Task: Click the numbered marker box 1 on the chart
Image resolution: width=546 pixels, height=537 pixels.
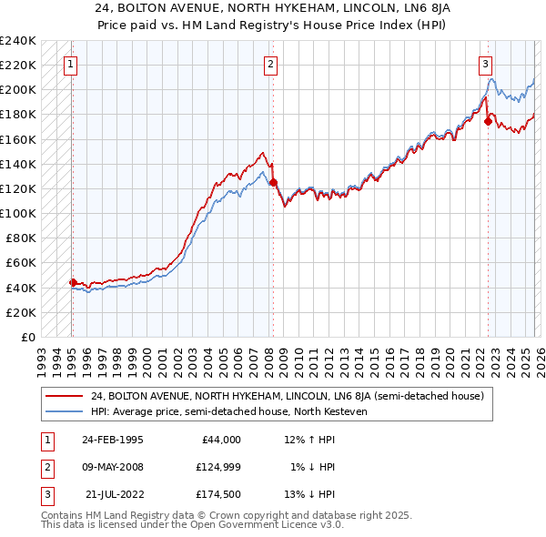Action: (x=71, y=64)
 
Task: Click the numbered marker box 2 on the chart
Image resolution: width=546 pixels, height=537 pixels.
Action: (x=271, y=64)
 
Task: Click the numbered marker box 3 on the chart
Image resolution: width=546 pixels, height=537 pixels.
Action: (x=486, y=64)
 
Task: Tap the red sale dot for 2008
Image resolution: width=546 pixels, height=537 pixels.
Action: (x=273, y=182)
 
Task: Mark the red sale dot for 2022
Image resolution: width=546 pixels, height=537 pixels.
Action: (x=488, y=121)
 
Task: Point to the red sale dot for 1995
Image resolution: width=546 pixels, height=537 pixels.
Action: (x=73, y=282)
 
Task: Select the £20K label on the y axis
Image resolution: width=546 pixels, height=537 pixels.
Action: (x=20, y=312)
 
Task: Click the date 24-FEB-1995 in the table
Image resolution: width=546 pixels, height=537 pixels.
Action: (x=112, y=440)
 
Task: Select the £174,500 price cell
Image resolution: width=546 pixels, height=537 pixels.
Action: (x=218, y=494)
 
